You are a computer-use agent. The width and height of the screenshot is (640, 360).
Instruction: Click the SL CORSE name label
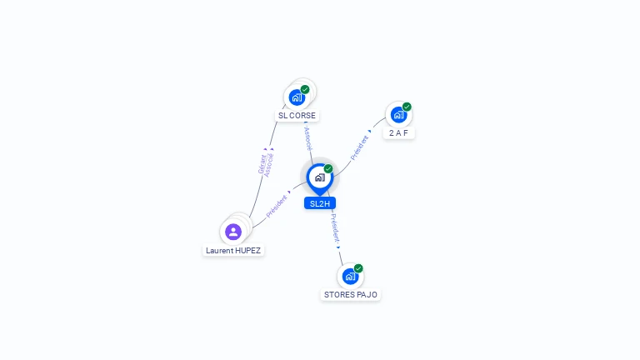click(x=297, y=116)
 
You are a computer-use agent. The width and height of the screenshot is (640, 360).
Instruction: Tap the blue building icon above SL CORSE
click(x=297, y=97)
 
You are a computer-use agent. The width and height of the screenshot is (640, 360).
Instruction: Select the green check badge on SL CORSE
click(x=305, y=89)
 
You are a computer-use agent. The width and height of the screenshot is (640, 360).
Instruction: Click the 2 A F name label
click(x=398, y=133)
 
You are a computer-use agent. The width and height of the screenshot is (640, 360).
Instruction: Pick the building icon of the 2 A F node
click(x=398, y=115)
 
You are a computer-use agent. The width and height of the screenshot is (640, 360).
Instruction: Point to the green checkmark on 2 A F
click(x=407, y=107)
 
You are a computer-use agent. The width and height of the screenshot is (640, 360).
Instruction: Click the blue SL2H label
click(x=320, y=203)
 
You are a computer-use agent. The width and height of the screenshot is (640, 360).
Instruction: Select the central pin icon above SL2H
click(x=320, y=179)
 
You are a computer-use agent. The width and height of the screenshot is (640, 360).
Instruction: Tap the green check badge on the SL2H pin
click(x=328, y=168)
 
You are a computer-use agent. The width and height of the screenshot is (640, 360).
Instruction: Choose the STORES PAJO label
click(x=351, y=295)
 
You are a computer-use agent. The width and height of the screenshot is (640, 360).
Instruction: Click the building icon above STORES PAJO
click(x=350, y=277)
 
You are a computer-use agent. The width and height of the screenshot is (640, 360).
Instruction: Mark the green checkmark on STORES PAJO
click(x=358, y=268)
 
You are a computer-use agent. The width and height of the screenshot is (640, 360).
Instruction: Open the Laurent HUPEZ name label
click(x=233, y=251)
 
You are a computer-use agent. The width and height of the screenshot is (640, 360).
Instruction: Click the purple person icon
click(x=233, y=232)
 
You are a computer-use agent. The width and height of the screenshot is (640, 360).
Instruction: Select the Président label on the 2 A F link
click(x=359, y=147)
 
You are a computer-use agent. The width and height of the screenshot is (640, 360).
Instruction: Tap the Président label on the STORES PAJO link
click(x=335, y=229)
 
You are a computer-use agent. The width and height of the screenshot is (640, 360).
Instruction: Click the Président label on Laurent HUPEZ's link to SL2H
click(x=277, y=206)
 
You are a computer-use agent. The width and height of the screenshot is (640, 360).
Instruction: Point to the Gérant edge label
click(x=262, y=163)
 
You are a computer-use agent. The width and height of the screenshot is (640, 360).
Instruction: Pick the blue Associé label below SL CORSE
click(x=308, y=138)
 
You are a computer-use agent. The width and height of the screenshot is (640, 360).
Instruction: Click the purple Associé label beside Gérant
click(x=268, y=165)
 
